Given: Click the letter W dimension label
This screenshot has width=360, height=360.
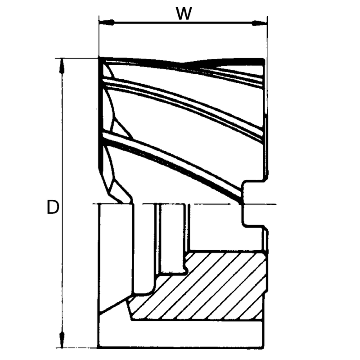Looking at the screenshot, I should (x=183, y=13).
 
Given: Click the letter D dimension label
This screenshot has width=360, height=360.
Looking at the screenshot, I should (x=53, y=207).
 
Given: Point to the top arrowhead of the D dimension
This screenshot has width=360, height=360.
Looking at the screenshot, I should (x=62, y=65).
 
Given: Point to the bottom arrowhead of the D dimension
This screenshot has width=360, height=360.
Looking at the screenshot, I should (x=62, y=341).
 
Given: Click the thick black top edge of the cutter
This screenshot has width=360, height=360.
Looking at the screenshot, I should (x=225, y=60).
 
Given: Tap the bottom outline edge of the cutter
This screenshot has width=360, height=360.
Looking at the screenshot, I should (x=180, y=347).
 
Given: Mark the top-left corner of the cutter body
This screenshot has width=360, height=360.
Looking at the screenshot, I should (x=99, y=58).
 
